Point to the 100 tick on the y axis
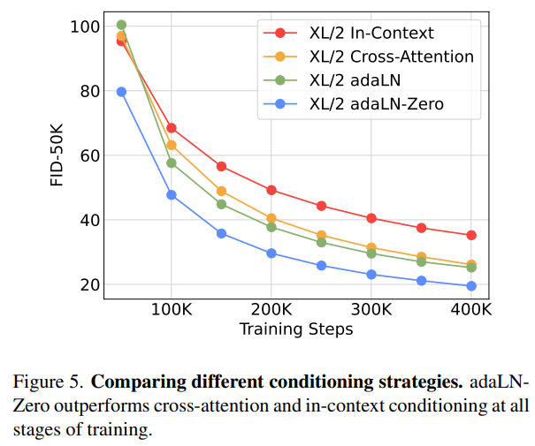[84, 26]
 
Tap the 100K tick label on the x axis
[171, 311]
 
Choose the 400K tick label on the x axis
[470, 311]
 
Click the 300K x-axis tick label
[371, 311]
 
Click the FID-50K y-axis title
[57, 155]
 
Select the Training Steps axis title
[296, 329]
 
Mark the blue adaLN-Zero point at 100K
[172, 195]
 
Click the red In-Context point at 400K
[471, 235]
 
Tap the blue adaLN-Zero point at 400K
[471, 286]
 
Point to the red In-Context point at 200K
[271, 190]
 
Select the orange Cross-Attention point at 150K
[221, 191]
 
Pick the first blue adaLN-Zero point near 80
[121, 92]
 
